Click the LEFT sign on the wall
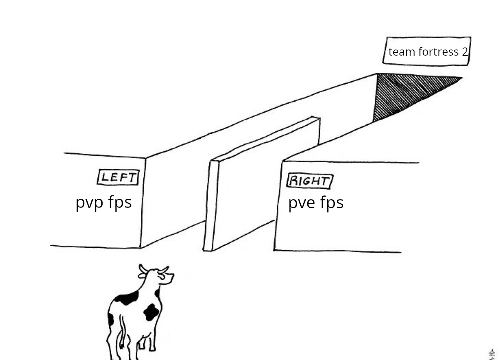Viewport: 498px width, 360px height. pos(118,178)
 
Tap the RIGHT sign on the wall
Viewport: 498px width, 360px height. pos(310,181)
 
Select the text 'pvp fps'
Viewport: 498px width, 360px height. pos(103,203)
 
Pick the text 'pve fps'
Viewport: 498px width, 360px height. pos(316,203)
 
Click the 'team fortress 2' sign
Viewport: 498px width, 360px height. pos(427,52)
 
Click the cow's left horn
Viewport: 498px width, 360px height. pos(142,268)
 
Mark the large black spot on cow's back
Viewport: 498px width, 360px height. pos(127,298)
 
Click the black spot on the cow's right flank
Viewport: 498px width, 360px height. pos(151,312)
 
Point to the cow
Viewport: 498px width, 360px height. pos(137,312)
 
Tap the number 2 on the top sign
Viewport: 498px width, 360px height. pos(464,52)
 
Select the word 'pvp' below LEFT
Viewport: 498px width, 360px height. pos(89,203)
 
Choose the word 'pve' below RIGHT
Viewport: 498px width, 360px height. pos(302,204)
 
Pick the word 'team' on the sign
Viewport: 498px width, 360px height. pos(401,52)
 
